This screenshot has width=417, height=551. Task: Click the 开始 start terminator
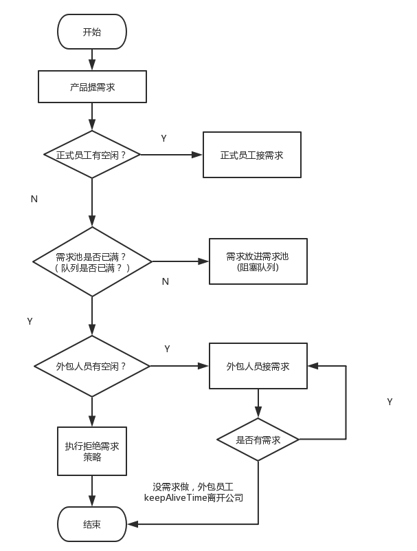[92, 32]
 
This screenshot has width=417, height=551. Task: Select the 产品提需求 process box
[92, 87]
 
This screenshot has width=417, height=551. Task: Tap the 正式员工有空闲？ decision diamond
[92, 155]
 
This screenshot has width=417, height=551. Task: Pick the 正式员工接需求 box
[252, 155]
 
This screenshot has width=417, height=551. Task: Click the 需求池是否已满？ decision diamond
[92, 261]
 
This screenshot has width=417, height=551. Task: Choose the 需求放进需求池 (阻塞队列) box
[258, 261]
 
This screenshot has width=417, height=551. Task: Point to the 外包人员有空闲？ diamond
[92, 366]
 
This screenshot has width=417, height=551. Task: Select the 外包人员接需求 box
[258, 366]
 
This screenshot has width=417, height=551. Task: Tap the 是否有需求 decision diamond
[258, 440]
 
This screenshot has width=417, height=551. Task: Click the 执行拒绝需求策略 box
[92, 451]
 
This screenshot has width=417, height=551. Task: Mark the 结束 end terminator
[92, 524]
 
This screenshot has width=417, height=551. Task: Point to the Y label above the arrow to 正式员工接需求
[164, 138]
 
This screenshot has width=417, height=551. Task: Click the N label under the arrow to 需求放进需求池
[165, 281]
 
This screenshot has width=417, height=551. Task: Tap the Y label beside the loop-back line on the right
[390, 402]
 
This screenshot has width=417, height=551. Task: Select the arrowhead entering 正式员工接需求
[199, 155]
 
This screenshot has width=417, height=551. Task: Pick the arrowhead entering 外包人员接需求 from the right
[312, 366]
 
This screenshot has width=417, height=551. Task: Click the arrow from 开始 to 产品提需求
[92, 60]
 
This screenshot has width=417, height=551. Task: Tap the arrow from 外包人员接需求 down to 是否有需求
[258, 403]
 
